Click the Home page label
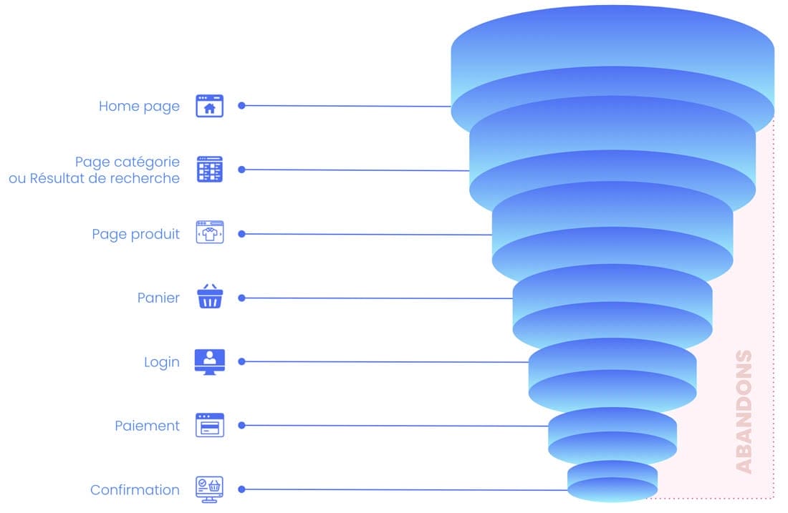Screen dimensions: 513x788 coord(139,106)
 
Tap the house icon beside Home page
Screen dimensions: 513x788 coord(210,106)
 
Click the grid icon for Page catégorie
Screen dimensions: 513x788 coord(210,170)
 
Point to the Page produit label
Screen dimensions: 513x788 coord(135,234)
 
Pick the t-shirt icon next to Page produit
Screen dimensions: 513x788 coord(210,233)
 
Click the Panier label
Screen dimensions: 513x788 coord(158,298)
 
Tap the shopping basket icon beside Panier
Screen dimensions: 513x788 coord(210,297)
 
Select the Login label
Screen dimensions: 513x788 coord(162,362)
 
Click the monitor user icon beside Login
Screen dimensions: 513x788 coord(210,361)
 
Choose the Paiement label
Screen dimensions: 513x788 coord(147,426)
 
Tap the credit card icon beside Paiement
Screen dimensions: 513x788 coord(210,426)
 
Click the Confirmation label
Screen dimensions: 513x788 coord(135,490)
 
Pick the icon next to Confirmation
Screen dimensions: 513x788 coord(210,489)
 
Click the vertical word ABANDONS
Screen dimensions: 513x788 coord(745,411)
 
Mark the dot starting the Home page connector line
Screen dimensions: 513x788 coord(241,105)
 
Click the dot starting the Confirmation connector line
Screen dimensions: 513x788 coord(241,489)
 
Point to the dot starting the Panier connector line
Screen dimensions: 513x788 coord(241,298)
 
